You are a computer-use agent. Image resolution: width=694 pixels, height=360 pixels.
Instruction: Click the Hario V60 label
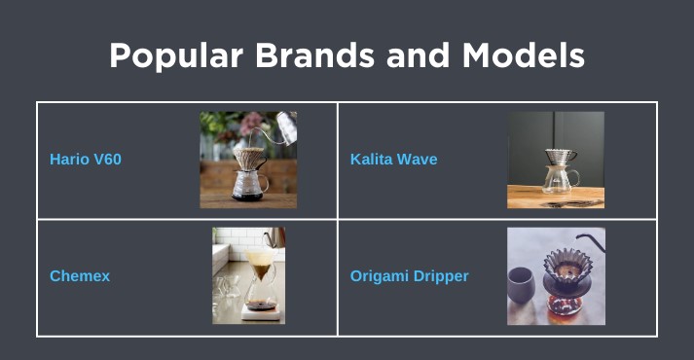tap(86, 159)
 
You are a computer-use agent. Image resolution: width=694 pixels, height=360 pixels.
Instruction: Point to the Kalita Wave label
tap(393, 159)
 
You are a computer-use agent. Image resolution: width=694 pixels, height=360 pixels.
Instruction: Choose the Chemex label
tap(80, 275)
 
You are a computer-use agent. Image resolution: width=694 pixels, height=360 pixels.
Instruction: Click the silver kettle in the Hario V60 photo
tap(283, 124)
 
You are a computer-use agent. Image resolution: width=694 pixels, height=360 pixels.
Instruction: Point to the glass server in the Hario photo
tap(249, 182)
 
